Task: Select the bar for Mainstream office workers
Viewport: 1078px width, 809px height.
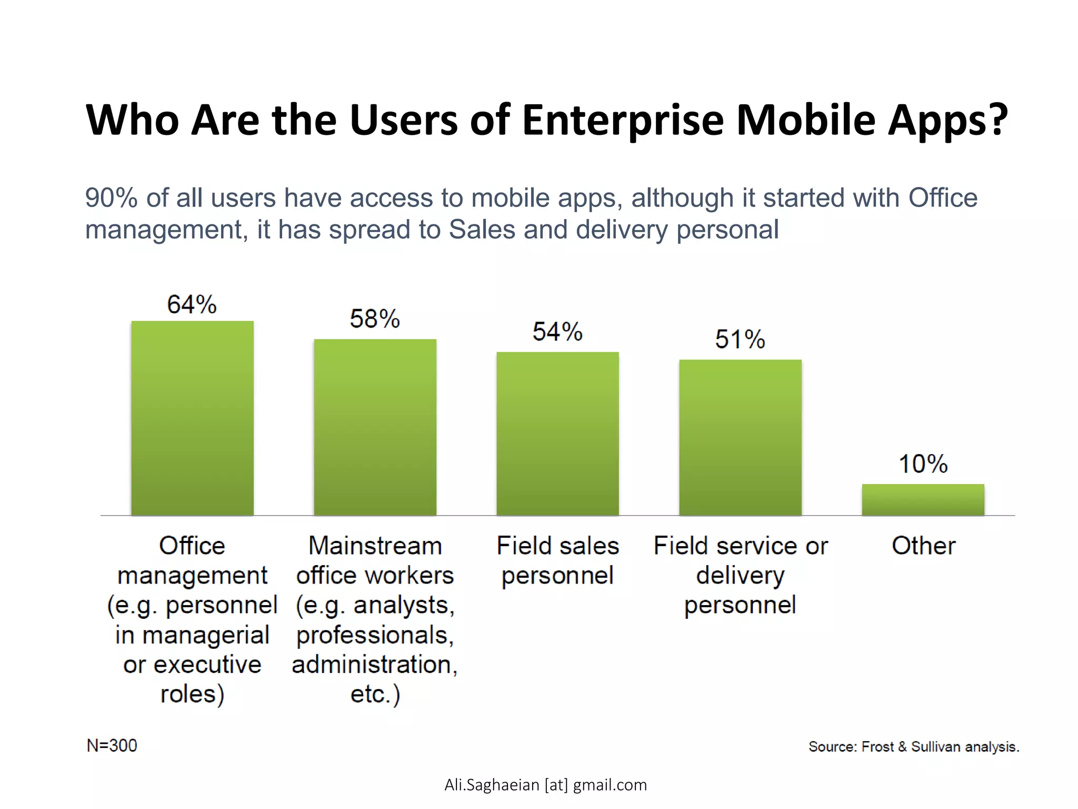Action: click(375, 427)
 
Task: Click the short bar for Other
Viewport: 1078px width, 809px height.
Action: click(923, 499)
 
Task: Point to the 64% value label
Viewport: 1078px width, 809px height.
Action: click(192, 304)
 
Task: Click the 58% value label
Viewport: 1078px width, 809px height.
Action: click(375, 319)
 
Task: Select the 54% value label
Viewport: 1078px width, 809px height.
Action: click(557, 332)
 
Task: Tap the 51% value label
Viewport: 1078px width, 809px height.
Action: click(740, 339)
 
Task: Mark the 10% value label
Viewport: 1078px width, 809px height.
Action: click(923, 464)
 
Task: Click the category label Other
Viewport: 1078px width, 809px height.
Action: click(923, 546)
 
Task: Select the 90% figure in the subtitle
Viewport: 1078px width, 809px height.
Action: click(111, 199)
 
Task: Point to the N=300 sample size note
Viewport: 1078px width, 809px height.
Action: click(112, 746)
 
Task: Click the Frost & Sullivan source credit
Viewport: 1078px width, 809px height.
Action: click(914, 747)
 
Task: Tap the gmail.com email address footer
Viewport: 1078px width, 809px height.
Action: click(545, 785)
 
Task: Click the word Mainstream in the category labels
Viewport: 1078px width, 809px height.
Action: click(375, 546)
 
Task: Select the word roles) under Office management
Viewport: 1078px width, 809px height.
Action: click(192, 694)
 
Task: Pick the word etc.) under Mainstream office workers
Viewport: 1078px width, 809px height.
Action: click(375, 694)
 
